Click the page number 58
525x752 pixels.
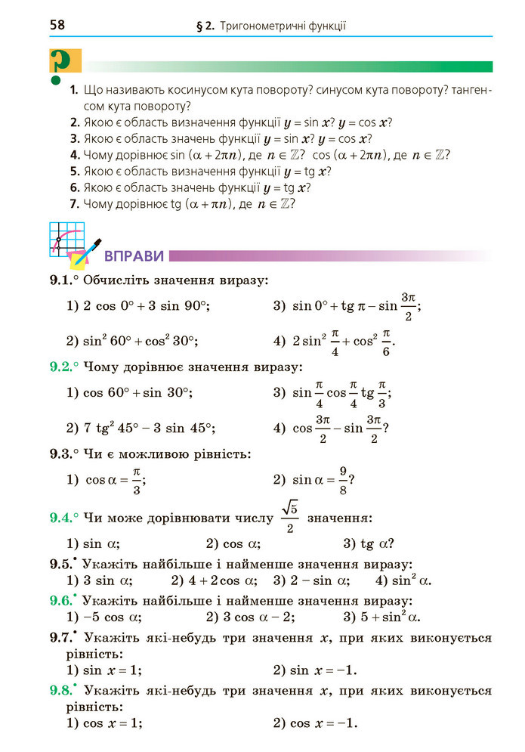(57, 25)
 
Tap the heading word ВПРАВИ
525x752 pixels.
(134, 255)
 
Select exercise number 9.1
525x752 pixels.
(60, 281)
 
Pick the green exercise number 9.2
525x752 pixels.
(60, 367)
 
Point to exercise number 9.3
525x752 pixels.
(60, 454)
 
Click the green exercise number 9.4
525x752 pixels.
(60, 518)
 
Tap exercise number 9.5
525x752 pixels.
(60, 564)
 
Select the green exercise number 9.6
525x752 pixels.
(60, 600)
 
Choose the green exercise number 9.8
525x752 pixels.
(60, 690)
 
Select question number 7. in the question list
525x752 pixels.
(73, 203)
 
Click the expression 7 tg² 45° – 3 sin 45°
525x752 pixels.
(150, 429)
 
